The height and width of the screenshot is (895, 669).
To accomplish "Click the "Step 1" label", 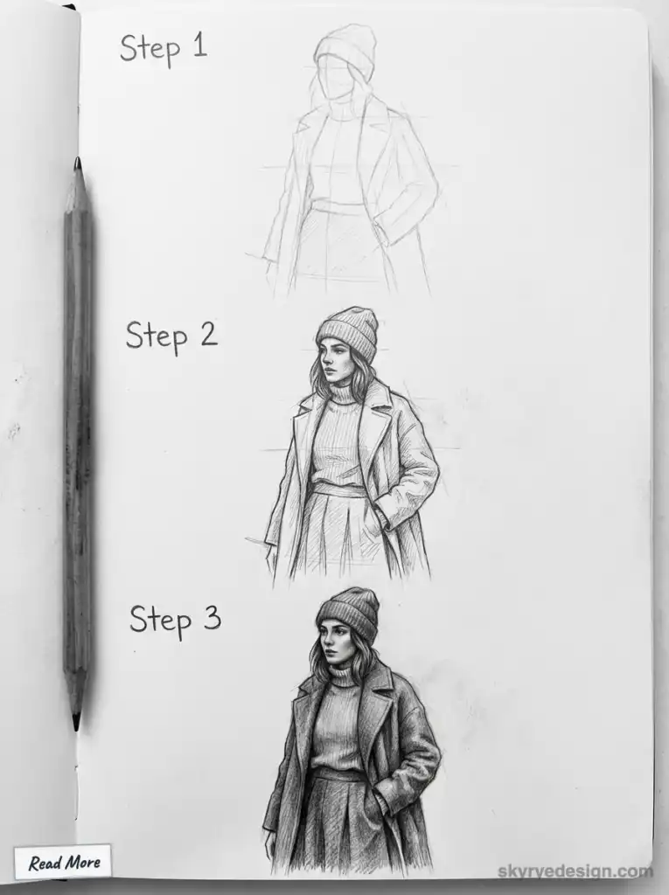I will pyautogui.click(x=164, y=47).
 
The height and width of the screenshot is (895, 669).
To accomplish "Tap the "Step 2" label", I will pyautogui.click(x=171, y=336).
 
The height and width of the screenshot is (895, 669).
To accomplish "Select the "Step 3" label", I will pyautogui.click(x=175, y=619).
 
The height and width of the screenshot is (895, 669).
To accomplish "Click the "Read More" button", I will pyautogui.click(x=63, y=863).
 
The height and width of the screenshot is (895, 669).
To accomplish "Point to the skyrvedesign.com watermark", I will pyautogui.click(x=575, y=871).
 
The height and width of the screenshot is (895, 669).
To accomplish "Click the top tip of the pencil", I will pyautogui.click(x=78, y=163).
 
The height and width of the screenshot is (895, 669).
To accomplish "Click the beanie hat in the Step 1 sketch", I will pyautogui.click(x=346, y=48).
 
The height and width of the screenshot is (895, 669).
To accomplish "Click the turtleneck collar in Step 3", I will pyautogui.click(x=344, y=676).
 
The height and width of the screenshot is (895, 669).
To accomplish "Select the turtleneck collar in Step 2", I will pyautogui.click(x=344, y=393).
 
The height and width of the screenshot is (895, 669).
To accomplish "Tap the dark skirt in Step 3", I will pyautogui.click(x=337, y=822).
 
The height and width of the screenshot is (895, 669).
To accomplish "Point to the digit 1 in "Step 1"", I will pyautogui.click(x=199, y=45).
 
